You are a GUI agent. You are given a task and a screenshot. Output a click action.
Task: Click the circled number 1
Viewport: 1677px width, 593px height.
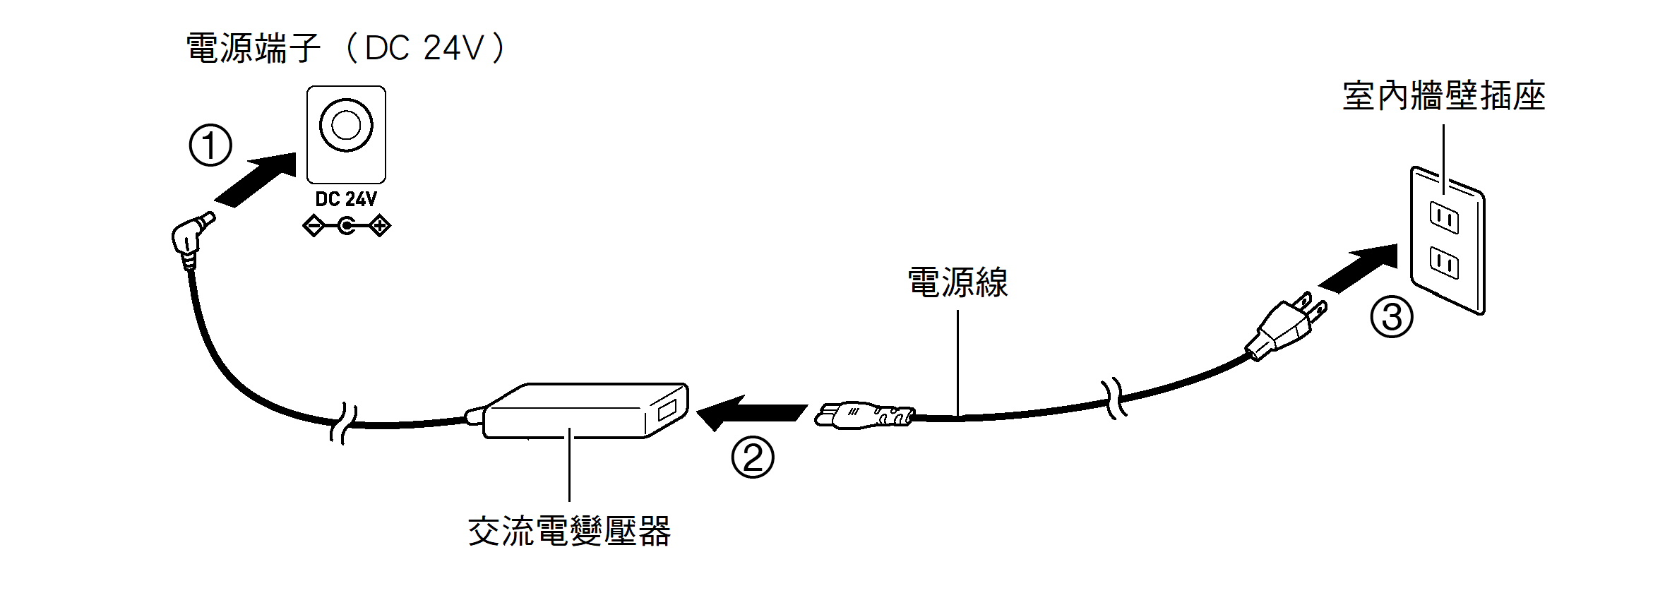210,145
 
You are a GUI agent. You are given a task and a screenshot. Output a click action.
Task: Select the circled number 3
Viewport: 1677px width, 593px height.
1391,317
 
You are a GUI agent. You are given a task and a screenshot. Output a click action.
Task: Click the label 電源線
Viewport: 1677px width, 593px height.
957,282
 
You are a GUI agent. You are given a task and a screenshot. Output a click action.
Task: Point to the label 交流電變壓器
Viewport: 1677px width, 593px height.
569,532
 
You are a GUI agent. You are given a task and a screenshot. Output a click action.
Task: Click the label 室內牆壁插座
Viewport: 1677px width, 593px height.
1443,96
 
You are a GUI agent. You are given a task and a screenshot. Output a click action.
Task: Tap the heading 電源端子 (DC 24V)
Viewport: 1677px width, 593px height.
346,48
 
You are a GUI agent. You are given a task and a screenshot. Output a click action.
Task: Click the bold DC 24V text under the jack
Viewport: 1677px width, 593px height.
346,200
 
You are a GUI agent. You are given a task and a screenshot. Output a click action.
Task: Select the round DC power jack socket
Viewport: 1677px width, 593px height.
346,126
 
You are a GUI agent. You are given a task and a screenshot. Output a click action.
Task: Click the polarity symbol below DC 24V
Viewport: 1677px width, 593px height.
346,227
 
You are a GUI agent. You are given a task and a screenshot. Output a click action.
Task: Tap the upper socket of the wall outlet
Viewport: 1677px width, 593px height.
1444,217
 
